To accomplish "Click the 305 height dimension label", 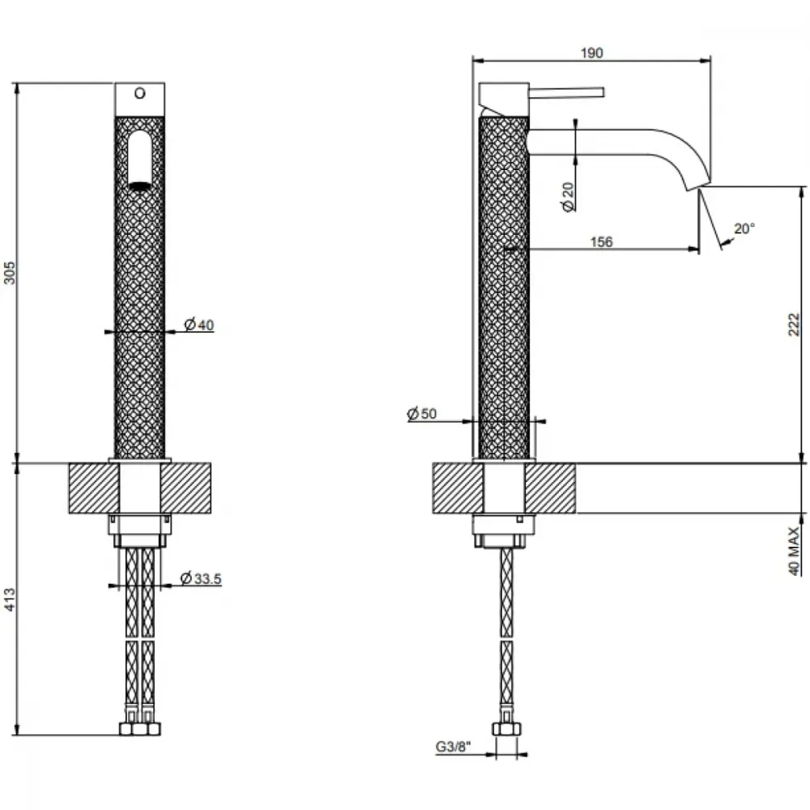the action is pos(10,273).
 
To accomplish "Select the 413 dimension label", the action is pos(10,599).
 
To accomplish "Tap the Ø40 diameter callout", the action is pos(199,325).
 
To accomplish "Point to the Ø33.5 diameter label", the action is pos(201,578).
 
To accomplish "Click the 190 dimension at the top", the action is pos(591,53).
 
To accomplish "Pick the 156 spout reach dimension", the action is pos(601,241).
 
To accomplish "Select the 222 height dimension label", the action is pos(794,325).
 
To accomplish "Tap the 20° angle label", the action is pos(744,228).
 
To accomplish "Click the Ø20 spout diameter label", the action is pos(568,196).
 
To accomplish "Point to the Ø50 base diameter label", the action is pos(421,413).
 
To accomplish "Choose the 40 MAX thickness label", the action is pos(795,551).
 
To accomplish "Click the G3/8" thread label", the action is pos(454,747).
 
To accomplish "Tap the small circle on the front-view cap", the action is pos(139,93).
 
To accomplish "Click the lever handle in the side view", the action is pos(566,92).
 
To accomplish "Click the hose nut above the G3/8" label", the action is pos(506,729).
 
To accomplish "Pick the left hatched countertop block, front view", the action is pos(94,488).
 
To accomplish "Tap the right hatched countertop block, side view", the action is pos(550,488).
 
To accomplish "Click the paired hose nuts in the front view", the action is pos(140,729).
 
